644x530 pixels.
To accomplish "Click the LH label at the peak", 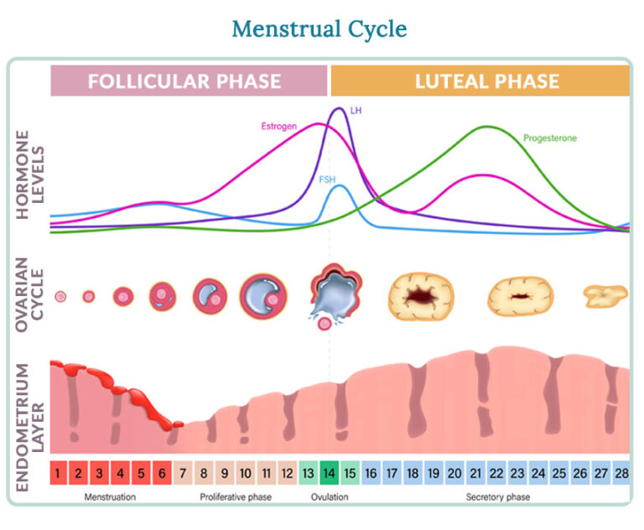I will point(355,110).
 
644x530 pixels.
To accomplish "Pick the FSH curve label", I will point(327,180).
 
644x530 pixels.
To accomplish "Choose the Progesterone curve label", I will point(550,138).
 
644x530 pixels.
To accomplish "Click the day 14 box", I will point(329,474).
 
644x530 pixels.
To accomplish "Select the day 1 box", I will point(57,474).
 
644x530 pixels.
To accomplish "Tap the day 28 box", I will point(621,474).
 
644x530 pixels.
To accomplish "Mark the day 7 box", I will point(183,474).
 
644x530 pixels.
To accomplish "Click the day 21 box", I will point(475,474).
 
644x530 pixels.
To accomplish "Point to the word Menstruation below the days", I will point(110,497).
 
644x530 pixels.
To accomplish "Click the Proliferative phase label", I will point(235,497).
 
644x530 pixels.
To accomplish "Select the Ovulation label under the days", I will point(329,497).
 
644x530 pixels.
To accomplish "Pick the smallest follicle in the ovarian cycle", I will point(60,296).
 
